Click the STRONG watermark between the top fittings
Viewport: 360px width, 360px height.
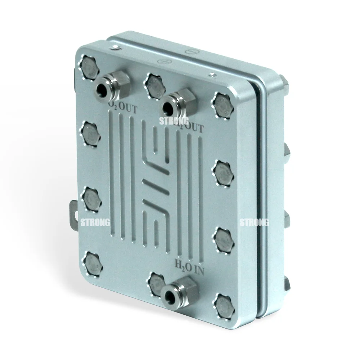click(174, 121)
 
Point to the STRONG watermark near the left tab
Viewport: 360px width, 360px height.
click(95, 222)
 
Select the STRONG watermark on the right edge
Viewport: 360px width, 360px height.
click(254, 222)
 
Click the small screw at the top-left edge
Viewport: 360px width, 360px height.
click(115, 48)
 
